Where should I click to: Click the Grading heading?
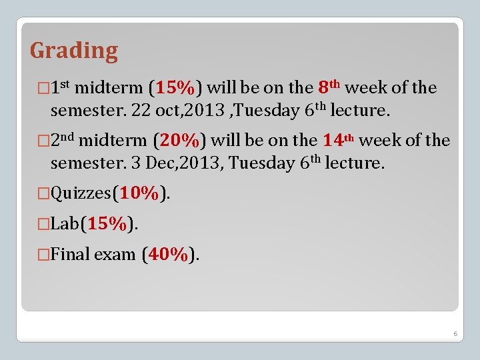(x=74, y=51)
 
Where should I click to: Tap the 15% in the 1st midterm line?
(x=177, y=88)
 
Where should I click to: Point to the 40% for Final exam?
(x=170, y=255)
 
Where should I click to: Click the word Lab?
(x=65, y=225)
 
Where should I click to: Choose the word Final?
(x=71, y=255)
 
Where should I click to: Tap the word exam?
(x=115, y=255)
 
